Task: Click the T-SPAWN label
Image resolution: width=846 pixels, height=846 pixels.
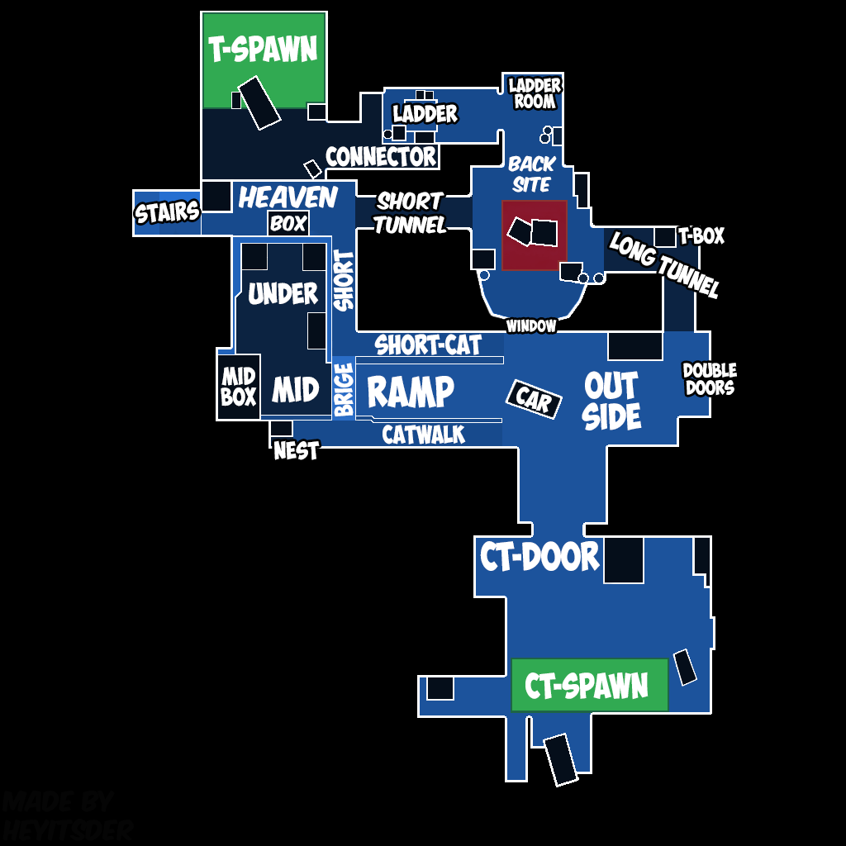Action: click(x=263, y=50)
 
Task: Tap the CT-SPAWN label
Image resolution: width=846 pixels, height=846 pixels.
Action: click(x=587, y=685)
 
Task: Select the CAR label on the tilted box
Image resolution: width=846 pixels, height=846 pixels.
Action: click(x=533, y=399)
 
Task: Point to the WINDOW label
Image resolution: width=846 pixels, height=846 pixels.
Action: click(x=531, y=326)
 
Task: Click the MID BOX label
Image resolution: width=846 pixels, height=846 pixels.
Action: click(x=238, y=387)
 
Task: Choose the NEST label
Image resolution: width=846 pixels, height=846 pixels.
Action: click(x=296, y=451)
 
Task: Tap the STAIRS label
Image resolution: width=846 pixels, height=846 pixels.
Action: click(x=167, y=212)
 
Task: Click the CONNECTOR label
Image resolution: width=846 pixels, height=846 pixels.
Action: click(x=380, y=156)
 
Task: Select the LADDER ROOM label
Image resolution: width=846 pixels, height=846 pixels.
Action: click(x=535, y=93)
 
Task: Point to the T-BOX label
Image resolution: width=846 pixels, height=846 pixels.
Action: click(x=701, y=236)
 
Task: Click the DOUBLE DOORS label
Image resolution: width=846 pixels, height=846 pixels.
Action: click(x=709, y=378)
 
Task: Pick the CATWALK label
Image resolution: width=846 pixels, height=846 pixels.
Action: click(x=423, y=435)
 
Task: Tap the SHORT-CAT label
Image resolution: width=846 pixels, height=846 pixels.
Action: click(x=428, y=345)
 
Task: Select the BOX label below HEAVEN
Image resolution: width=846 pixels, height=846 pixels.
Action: click(x=288, y=223)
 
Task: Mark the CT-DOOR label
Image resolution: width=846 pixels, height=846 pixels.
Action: click(x=539, y=557)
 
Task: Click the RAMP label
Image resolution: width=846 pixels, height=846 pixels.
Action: click(x=410, y=392)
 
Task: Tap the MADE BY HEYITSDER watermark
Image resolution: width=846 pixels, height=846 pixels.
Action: click(x=66, y=815)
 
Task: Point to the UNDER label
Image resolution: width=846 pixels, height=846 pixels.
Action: click(x=283, y=293)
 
